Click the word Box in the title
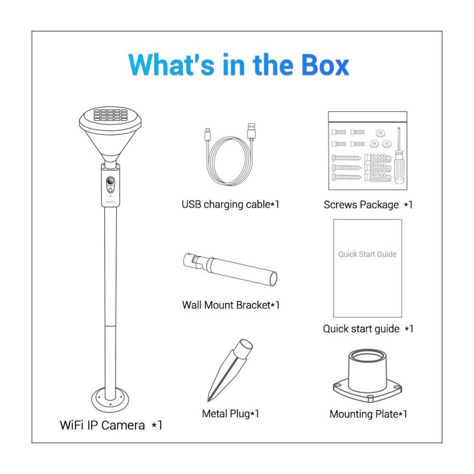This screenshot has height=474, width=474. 325,65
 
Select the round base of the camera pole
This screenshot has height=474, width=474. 110,400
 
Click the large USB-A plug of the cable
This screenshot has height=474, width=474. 251,130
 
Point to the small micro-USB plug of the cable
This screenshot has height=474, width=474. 208,134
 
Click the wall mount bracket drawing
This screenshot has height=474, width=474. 230,268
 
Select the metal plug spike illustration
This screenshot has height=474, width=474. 229,370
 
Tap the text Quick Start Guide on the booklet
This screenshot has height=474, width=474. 367,254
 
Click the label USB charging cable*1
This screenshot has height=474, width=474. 230,204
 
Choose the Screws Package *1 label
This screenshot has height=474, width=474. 368,204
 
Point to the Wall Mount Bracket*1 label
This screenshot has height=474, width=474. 230,305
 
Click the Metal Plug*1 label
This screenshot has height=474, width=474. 230,413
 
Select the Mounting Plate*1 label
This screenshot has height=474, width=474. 368,414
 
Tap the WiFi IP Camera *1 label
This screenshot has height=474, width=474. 111,425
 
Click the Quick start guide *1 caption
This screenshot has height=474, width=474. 368,329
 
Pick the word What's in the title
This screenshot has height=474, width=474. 171,65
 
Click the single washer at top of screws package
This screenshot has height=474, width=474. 380,133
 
